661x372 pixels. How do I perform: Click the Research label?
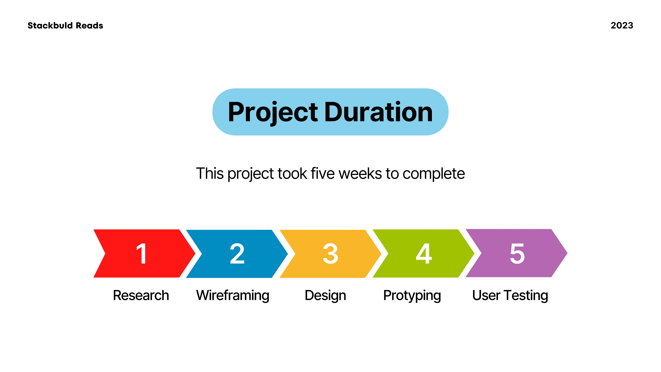point(141,295)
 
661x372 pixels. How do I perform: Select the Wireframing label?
point(233,296)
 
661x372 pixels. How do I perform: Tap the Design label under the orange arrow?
point(325,296)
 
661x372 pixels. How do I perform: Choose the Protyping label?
point(412,296)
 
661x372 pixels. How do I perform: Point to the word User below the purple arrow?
point(486,295)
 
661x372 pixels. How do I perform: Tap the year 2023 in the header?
point(622,25)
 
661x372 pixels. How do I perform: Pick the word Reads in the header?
point(90,25)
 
